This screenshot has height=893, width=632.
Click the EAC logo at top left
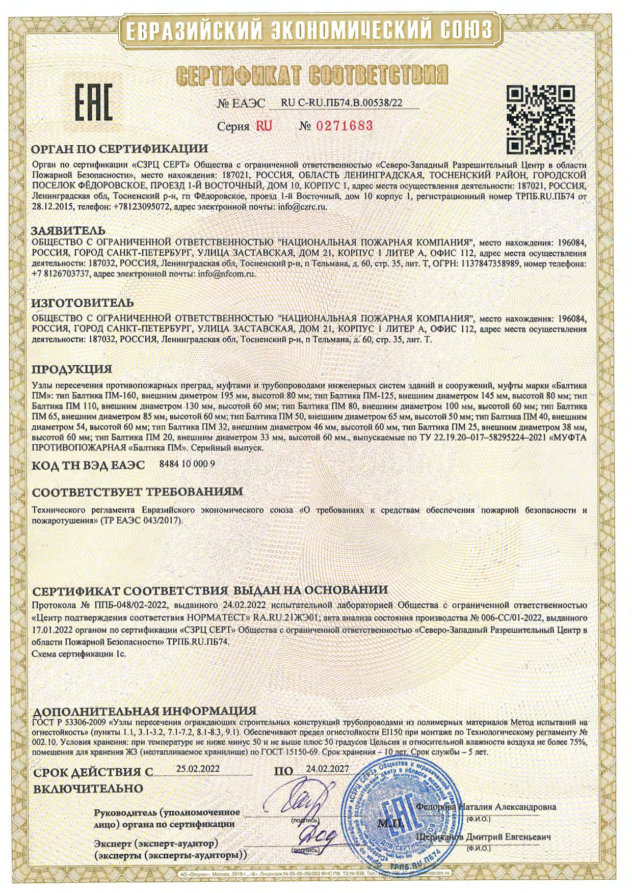coord(94,102)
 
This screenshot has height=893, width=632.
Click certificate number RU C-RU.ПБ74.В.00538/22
coord(341,103)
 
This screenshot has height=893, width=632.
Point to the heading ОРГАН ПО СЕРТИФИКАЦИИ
coord(120,149)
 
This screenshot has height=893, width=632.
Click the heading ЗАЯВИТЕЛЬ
coord(68,231)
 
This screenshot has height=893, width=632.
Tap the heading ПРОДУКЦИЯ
coord(72,369)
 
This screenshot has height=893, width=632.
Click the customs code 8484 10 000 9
coord(187,464)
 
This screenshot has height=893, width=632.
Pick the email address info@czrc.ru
coord(301,207)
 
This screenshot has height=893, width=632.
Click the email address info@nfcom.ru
coord(227,273)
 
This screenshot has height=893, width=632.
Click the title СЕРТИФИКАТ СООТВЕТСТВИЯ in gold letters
coord(312,75)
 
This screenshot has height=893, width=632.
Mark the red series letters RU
coord(264,126)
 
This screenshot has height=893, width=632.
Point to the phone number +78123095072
coord(139,207)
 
